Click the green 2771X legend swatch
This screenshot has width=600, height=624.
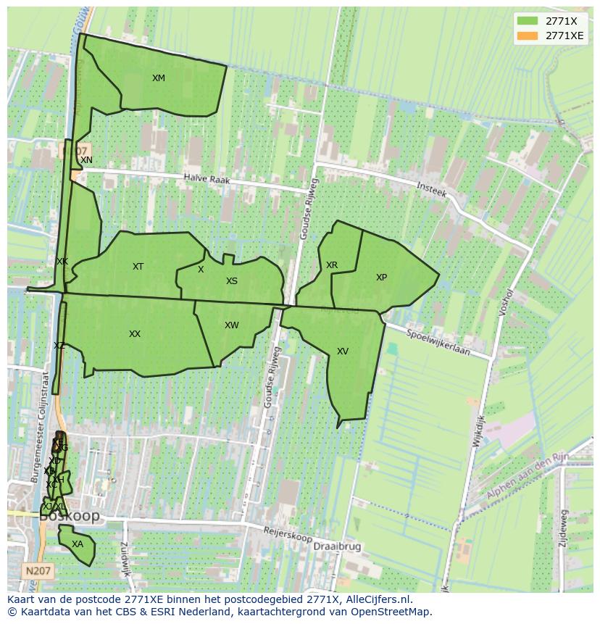528,21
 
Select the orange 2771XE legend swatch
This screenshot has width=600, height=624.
528,36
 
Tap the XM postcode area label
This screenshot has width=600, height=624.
158,78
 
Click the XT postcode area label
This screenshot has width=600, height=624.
138,267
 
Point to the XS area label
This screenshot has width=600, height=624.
231,281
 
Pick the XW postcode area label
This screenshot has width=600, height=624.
231,325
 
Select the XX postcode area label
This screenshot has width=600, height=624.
135,334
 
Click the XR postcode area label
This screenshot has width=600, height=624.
332,265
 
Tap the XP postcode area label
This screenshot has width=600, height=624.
381,278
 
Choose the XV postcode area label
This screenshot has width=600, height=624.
343,351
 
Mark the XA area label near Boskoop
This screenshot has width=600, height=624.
78,544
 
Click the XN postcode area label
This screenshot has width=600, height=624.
86,160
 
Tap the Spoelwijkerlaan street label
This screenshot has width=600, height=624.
438,343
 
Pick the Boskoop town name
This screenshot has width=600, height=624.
70,517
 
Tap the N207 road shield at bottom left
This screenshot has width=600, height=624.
37,571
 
